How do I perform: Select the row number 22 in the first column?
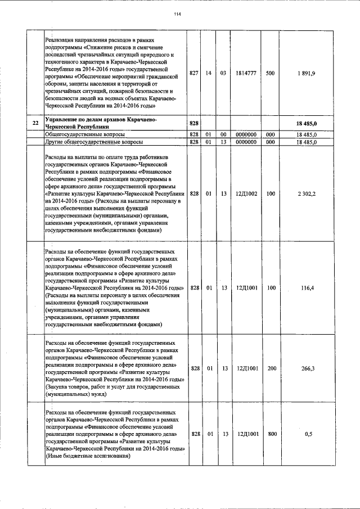(x=35, y=123)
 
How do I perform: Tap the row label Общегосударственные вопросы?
(x=85, y=135)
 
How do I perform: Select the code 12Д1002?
(x=246, y=193)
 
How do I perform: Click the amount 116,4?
(x=307, y=288)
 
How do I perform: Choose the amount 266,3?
(x=307, y=369)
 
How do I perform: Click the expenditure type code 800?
(x=271, y=434)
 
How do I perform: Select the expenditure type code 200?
(x=271, y=369)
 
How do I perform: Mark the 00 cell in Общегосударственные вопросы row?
(x=223, y=135)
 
